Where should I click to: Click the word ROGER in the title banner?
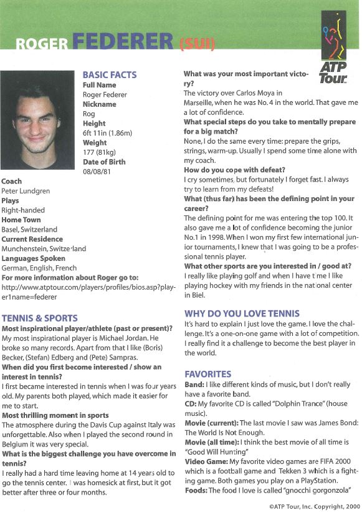pyautogui.click(x=42, y=44)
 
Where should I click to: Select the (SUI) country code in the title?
pyautogui.click(x=197, y=44)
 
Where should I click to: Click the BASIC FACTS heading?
pyautogui.click(x=109, y=75)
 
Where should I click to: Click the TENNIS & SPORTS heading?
pyautogui.click(x=40, y=318)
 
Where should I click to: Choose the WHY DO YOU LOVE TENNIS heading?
pyautogui.click(x=242, y=313)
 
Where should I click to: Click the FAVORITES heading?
pyautogui.click(x=208, y=373)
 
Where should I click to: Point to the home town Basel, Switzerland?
pyautogui.click(x=29, y=229)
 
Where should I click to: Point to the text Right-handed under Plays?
pyautogui.click(x=23, y=210)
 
